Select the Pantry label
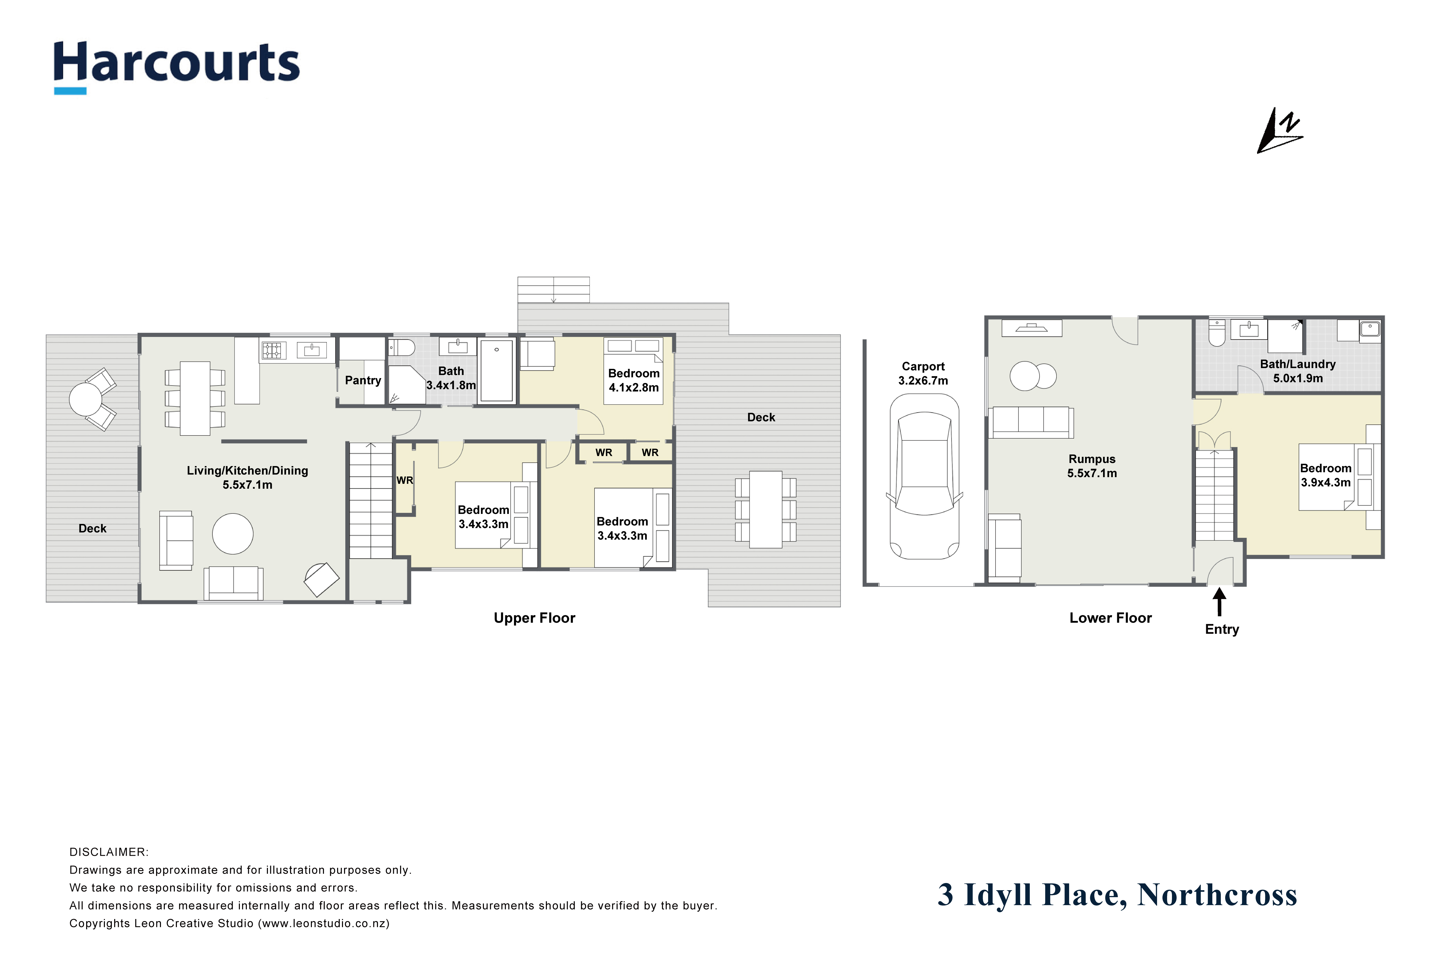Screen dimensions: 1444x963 [x=363, y=380]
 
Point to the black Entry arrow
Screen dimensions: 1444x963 [x=1219, y=602]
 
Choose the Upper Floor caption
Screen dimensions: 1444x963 [x=534, y=618]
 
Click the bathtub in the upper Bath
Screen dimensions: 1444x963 [x=497, y=371]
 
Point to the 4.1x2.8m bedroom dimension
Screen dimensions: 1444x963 [x=634, y=388]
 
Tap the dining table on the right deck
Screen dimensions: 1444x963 [x=766, y=509]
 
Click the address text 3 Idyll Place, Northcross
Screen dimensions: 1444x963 [x=1117, y=895]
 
